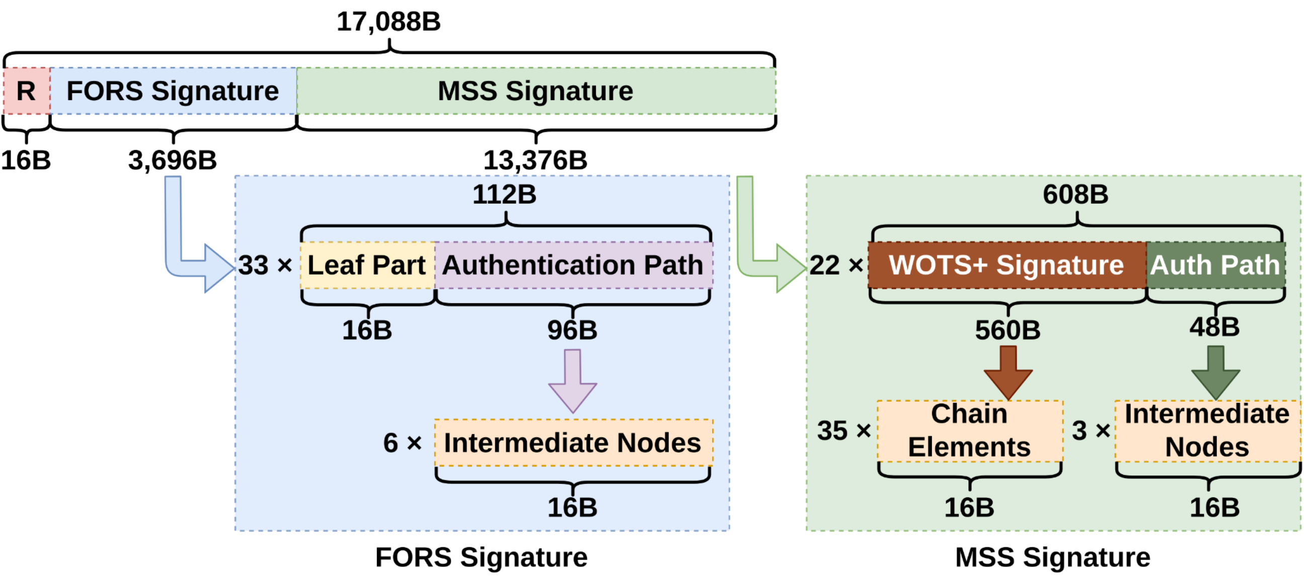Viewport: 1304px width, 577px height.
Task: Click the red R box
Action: coord(26,91)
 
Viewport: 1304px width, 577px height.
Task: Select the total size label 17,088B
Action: coord(388,22)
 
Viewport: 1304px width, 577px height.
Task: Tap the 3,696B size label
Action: coord(172,160)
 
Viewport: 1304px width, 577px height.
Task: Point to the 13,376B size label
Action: coord(535,160)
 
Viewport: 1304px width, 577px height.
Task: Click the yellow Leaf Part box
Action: coord(367,265)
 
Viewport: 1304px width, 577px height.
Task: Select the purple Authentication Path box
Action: coord(573,265)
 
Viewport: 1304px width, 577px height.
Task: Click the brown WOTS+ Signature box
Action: coord(1007,265)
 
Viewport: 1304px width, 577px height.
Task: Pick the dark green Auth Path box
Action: coord(1215,265)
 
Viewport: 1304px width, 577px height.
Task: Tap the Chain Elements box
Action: coord(969,431)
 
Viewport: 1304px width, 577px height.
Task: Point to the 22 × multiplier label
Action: coord(836,265)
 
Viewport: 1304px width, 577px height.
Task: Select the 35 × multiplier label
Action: coord(844,431)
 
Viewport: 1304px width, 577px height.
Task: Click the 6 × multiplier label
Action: coord(403,443)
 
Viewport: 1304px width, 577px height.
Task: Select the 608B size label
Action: coord(1075,194)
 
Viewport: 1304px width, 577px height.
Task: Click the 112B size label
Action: coord(504,194)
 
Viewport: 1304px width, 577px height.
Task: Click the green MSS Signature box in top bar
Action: coord(535,91)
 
